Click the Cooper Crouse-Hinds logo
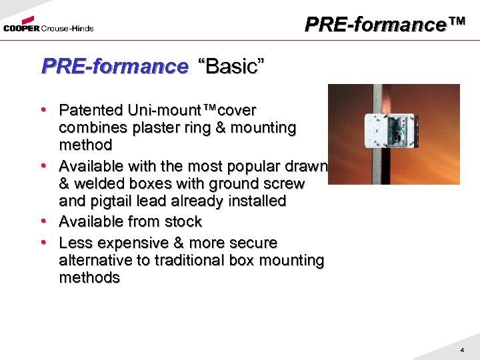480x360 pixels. (x=48, y=26)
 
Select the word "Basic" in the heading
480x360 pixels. (x=231, y=67)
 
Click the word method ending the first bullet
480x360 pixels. (x=85, y=145)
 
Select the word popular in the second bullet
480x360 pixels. (x=253, y=165)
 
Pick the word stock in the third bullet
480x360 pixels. (x=183, y=221)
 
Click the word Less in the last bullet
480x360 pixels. (x=74, y=243)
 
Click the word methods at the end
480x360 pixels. (x=89, y=278)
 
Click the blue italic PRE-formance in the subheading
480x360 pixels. (x=115, y=67)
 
